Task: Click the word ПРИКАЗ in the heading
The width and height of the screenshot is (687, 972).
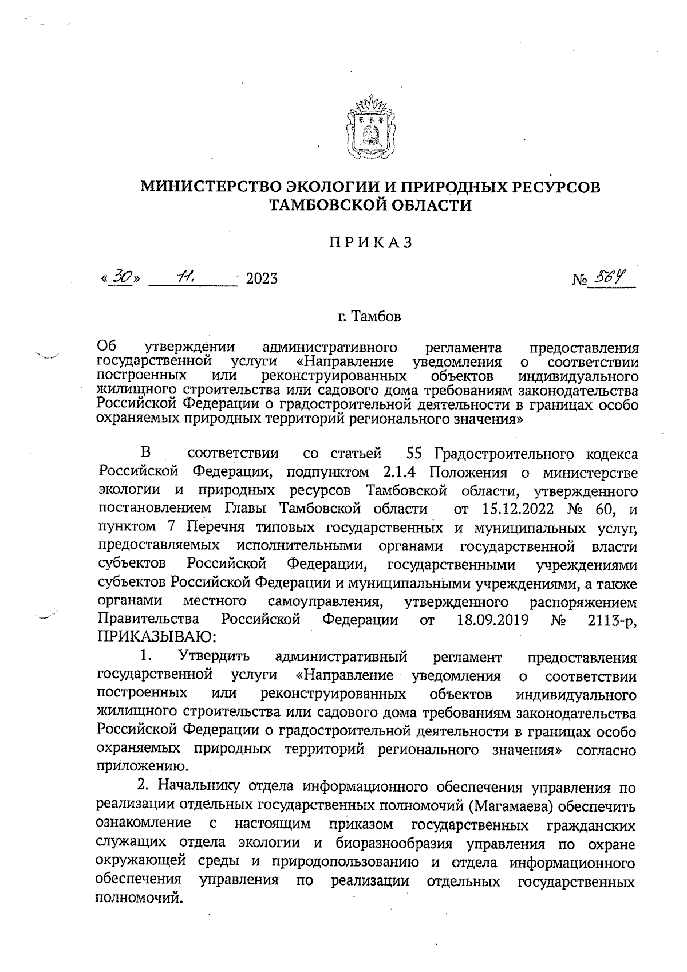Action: point(370,243)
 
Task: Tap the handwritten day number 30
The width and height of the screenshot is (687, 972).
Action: point(122,277)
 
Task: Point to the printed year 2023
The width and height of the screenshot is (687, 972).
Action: point(262,279)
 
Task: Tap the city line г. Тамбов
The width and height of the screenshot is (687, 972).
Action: point(369,316)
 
